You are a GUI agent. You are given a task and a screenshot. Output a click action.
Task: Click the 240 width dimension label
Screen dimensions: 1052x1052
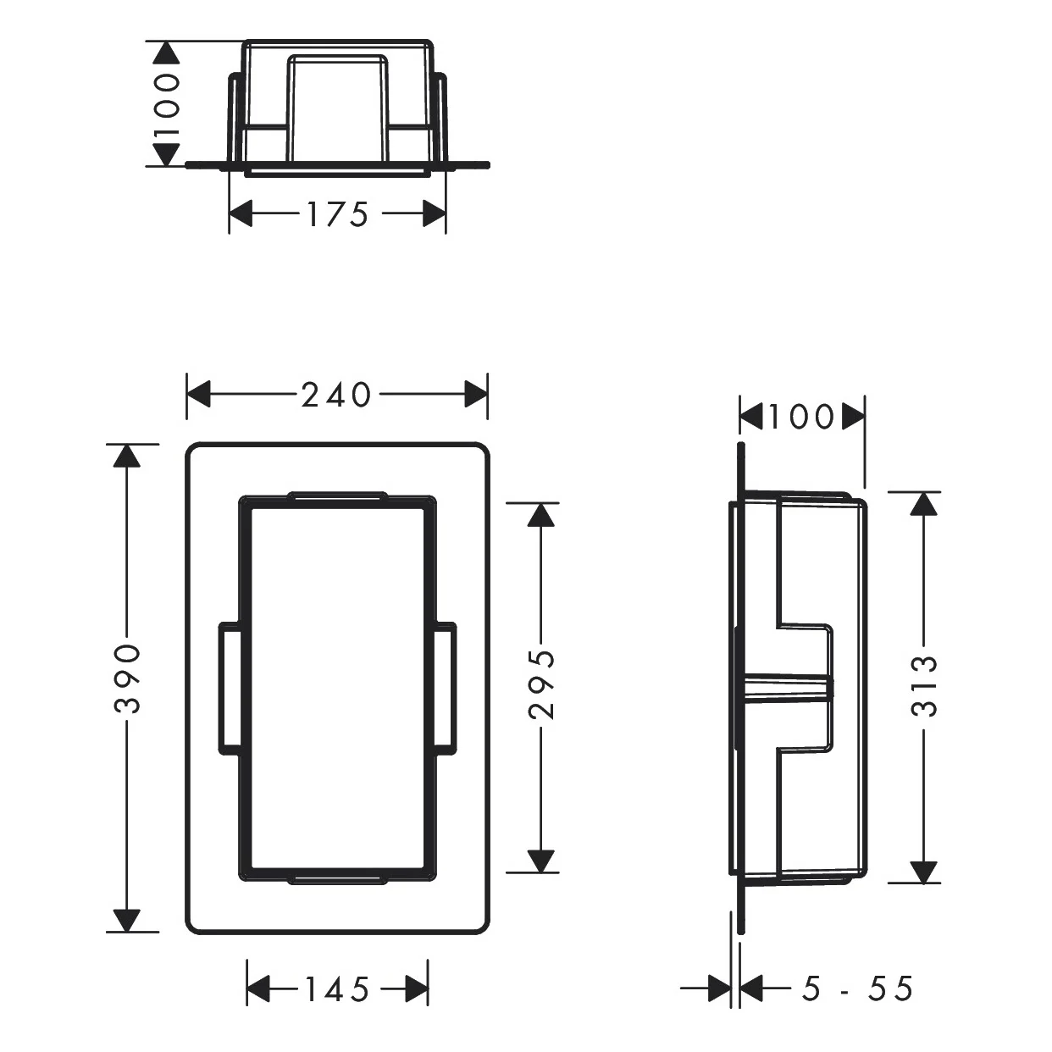336,395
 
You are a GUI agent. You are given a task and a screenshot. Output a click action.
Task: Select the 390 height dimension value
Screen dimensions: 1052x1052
127,678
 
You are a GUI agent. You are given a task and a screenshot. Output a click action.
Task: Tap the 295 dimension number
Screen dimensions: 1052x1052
542,684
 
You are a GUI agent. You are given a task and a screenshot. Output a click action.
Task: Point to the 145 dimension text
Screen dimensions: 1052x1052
337,989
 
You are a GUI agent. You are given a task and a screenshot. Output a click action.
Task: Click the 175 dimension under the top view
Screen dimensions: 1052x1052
337,214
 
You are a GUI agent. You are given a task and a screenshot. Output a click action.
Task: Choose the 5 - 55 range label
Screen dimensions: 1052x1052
857,988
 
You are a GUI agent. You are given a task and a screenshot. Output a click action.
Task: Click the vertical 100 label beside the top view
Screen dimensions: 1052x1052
167,104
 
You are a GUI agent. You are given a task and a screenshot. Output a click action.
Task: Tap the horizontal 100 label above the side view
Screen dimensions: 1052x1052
801,417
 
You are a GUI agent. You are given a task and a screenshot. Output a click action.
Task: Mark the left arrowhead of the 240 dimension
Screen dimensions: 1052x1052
198,395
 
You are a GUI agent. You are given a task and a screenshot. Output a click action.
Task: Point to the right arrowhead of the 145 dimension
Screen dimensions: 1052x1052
417,989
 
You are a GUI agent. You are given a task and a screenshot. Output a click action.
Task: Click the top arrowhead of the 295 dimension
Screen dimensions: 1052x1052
542,515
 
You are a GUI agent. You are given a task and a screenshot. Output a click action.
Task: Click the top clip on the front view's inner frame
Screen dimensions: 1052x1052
337,497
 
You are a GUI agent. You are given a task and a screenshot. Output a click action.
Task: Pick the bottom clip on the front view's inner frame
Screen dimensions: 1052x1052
337,879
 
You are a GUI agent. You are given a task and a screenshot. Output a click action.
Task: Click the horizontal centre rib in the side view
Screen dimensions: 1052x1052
786,689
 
